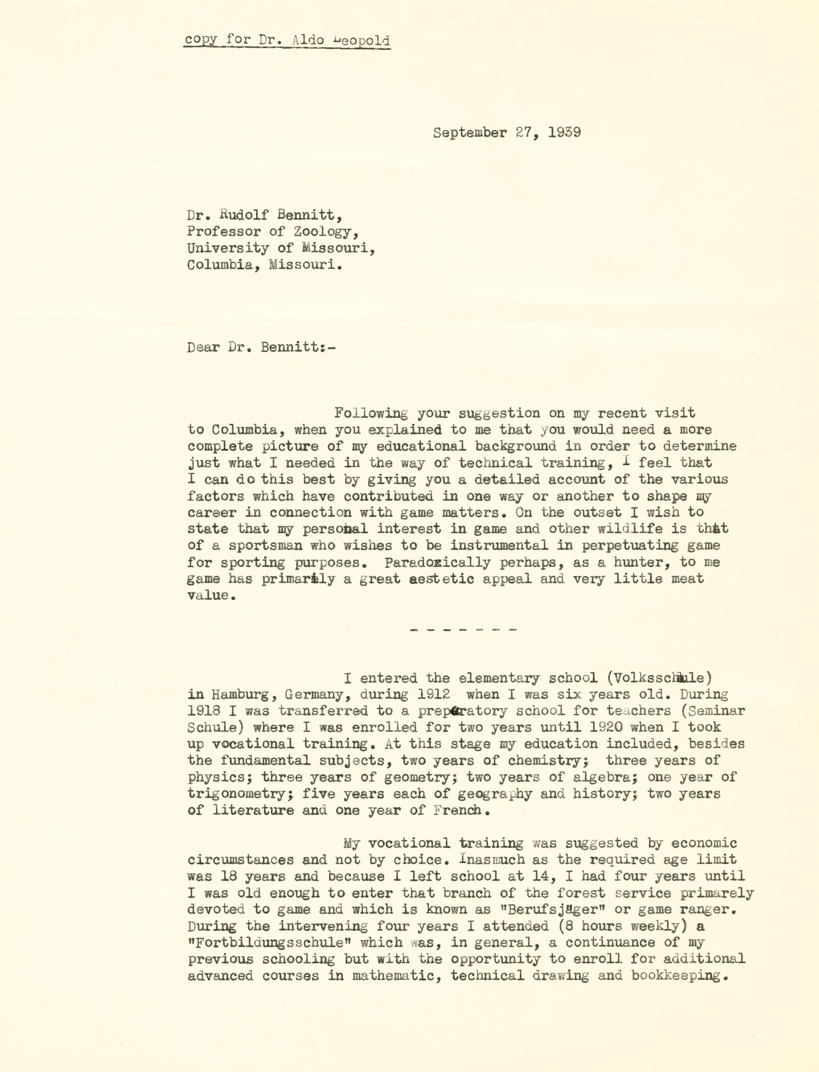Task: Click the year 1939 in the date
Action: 564,133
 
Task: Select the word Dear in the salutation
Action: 203,347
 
